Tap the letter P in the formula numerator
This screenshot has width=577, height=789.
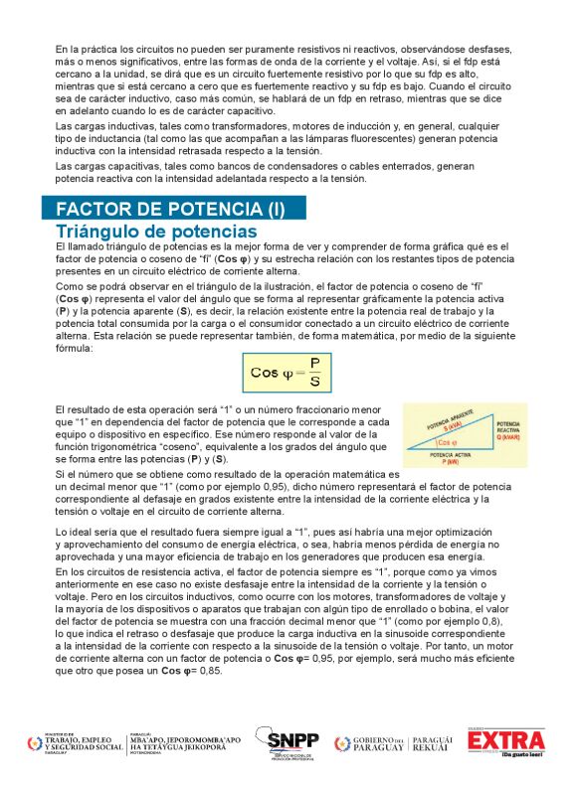(314, 363)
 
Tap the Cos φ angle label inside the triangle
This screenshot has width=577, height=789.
(448, 442)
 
